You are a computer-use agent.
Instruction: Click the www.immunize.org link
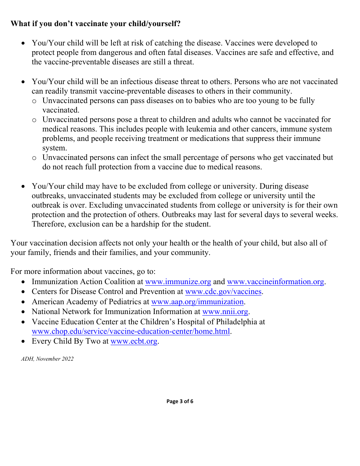pos(178,281)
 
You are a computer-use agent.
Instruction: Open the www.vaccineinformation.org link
pos(275,281)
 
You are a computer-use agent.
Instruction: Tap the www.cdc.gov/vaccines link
pos(223,291)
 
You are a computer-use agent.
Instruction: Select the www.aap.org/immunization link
pos(197,302)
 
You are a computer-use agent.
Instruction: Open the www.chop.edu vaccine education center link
pos(131,331)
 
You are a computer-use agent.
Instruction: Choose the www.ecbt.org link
pos(134,341)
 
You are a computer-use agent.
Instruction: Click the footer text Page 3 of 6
pos(180,401)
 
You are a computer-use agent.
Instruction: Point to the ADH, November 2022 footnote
pos(47,359)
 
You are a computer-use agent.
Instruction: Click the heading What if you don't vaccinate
pos(95,23)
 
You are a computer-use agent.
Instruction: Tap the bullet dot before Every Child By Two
pos(23,341)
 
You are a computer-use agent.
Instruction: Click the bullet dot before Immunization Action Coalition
pos(23,282)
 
